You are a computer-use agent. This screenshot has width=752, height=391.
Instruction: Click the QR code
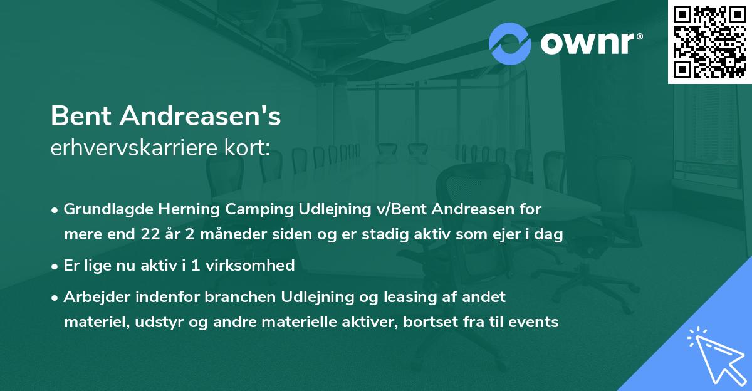(x=709, y=41)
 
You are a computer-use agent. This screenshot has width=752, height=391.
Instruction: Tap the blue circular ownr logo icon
(x=510, y=43)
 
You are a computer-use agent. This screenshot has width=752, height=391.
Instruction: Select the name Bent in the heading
(x=81, y=116)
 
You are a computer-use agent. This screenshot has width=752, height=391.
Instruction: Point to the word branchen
(x=199, y=296)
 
